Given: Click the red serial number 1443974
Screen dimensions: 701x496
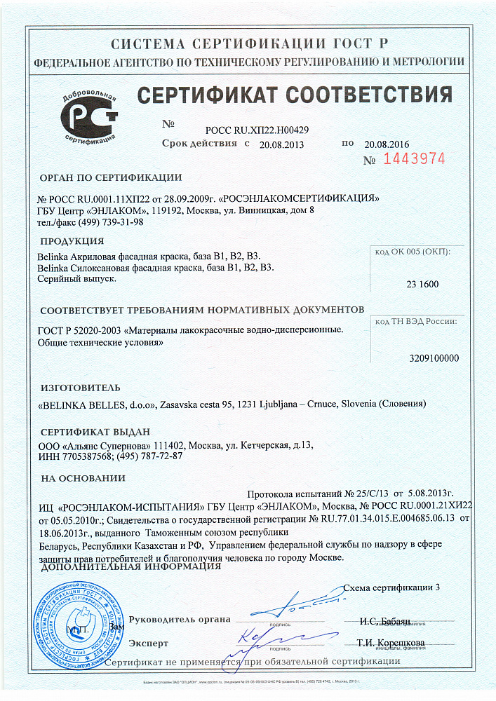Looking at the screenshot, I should pyautogui.click(x=415, y=159).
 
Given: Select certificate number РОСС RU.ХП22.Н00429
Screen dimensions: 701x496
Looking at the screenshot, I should pyautogui.click(x=257, y=130).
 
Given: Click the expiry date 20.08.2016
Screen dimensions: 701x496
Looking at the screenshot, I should pyautogui.click(x=387, y=144).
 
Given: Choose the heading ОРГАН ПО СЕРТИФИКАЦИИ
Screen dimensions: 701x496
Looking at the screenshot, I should pyautogui.click(x=110, y=177).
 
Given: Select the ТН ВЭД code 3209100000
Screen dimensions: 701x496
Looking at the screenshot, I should pyautogui.click(x=434, y=358).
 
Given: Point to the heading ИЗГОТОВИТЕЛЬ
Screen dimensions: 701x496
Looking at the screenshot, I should pyautogui.click(x=80, y=388).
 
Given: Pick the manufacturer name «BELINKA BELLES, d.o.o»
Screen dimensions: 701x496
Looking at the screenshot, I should pyautogui.click(x=95, y=405).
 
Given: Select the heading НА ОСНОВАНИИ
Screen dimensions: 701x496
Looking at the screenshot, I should pyautogui.click(x=82, y=479).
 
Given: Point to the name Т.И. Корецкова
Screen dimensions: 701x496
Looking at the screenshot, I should pyautogui.click(x=390, y=643).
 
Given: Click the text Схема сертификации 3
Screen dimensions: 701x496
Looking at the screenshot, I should pyautogui.click(x=393, y=587).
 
